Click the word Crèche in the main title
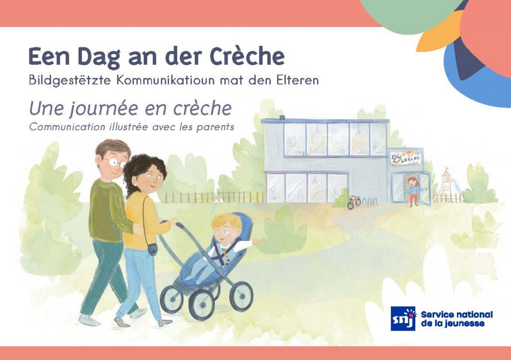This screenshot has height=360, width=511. click(247, 56)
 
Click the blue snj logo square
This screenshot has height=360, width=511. click(403, 318)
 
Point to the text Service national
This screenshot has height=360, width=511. click(457, 315)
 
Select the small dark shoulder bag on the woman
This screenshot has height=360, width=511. click(152, 249)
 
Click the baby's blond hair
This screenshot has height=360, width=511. click(226, 221)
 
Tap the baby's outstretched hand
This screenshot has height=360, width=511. click(257, 241)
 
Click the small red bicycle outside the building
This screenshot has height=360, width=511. click(354, 202)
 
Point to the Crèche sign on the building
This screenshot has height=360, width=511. click(405, 158)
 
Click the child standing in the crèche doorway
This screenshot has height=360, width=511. click(413, 191)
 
